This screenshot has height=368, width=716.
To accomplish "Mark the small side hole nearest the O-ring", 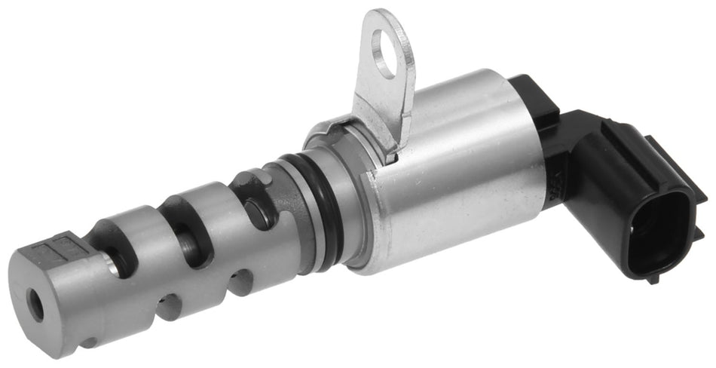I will pyautogui.click(x=241, y=282).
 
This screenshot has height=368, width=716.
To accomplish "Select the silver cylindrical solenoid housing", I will pyautogui.click(x=452, y=181).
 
